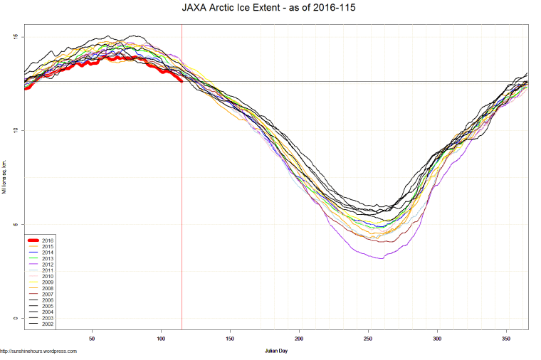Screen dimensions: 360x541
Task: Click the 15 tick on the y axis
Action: coord(16,37)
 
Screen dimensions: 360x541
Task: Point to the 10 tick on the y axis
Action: coord(16,130)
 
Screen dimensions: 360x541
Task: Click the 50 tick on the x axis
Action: coord(92,339)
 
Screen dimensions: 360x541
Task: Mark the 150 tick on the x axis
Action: coord(230,339)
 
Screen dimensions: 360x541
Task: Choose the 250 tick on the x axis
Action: coord(368,339)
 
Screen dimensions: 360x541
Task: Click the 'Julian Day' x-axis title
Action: coord(275,351)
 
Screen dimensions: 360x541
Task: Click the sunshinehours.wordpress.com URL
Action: coord(38,351)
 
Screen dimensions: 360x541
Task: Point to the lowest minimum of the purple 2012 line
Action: coord(382,258)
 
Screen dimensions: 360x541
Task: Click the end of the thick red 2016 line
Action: coord(182,81)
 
